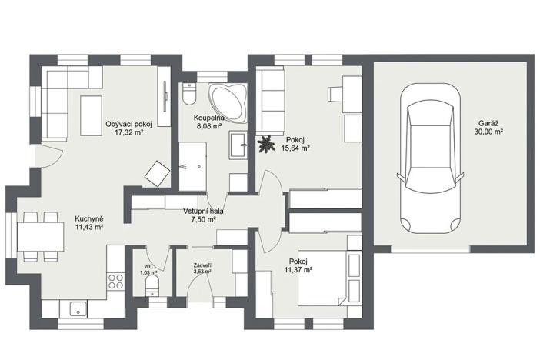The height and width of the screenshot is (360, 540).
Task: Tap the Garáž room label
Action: pos(488,122)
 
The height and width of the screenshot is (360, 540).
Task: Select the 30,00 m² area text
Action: pos(488,131)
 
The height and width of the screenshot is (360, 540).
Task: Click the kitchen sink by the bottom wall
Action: pos(77,310)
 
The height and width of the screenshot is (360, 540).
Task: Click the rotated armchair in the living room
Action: pos(156,173)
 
